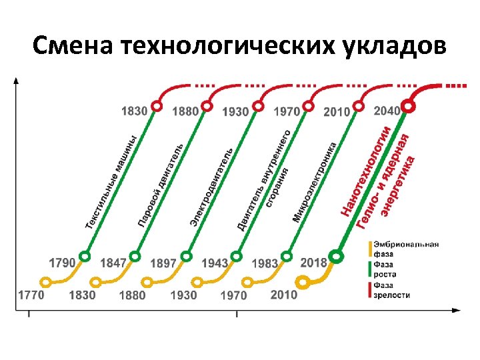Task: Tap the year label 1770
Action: click(31, 295)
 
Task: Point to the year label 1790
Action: click(62, 263)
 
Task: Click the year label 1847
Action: click(113, 263)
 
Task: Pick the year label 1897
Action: click(164, 263)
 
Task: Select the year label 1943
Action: click(215, 263)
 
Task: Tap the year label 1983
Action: click(265, 263)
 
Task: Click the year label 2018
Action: click(314, 262)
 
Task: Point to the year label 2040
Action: click(387, 111)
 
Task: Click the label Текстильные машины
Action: click(111, 181)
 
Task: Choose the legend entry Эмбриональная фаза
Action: click(405, 249)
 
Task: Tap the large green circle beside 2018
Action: click(337, 256)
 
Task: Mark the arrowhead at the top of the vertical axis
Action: click(17, 81)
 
